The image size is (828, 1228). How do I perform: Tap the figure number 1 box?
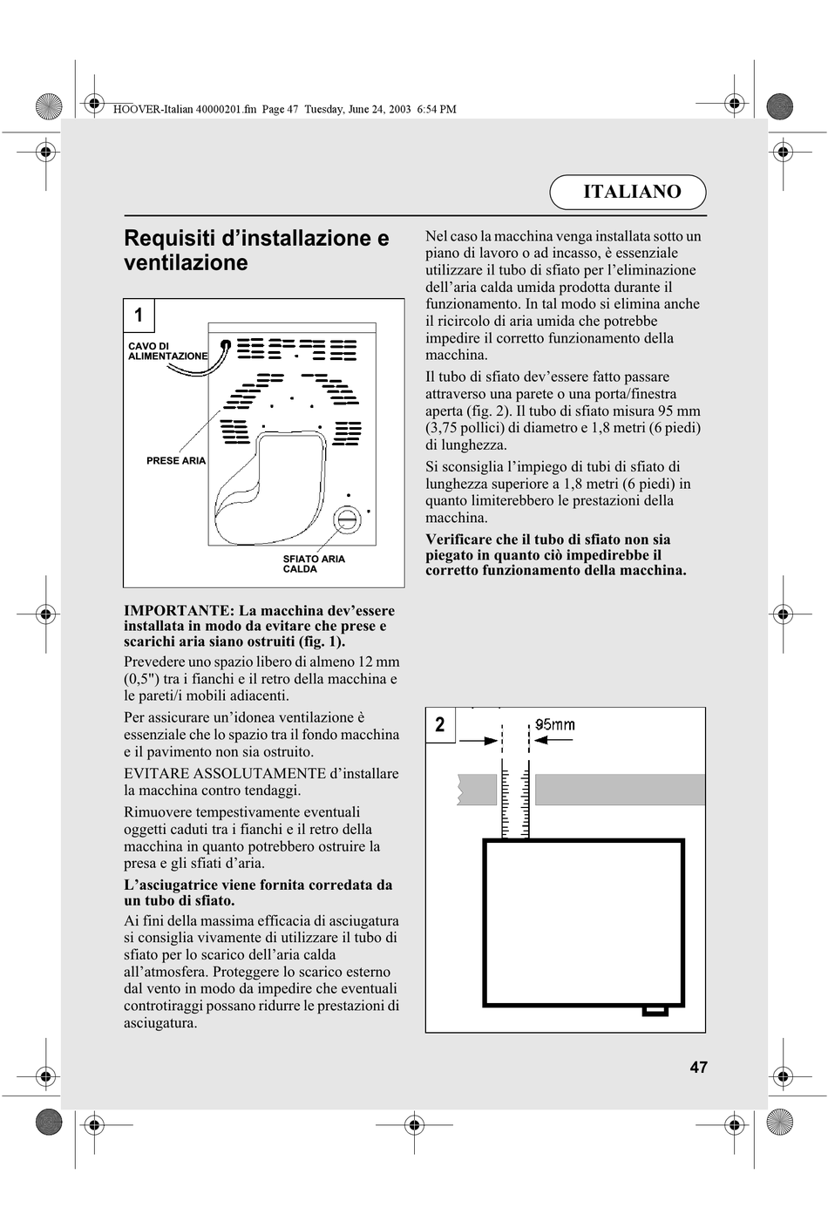[x=139, y=315]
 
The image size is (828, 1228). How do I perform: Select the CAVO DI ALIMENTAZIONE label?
[x=167, y=351]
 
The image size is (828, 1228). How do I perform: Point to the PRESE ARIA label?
[x=176, y=460]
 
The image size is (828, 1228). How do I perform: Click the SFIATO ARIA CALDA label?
[x=314, y=564]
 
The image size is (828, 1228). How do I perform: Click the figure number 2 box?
[x=440, y=724]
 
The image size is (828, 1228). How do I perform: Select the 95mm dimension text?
[x=555, y=724]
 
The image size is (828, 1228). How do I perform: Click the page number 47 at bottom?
[x=698, y=1068]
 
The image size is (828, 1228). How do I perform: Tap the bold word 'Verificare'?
[x=458, y=539]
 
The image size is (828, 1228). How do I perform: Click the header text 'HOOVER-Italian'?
[x=149, y=110]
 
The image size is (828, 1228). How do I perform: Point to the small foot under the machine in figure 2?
[x=655, y=1011]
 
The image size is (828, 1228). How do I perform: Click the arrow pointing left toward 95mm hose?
[x=554, y=740]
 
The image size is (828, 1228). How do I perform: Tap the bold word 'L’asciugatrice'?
[x=173, y=885]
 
